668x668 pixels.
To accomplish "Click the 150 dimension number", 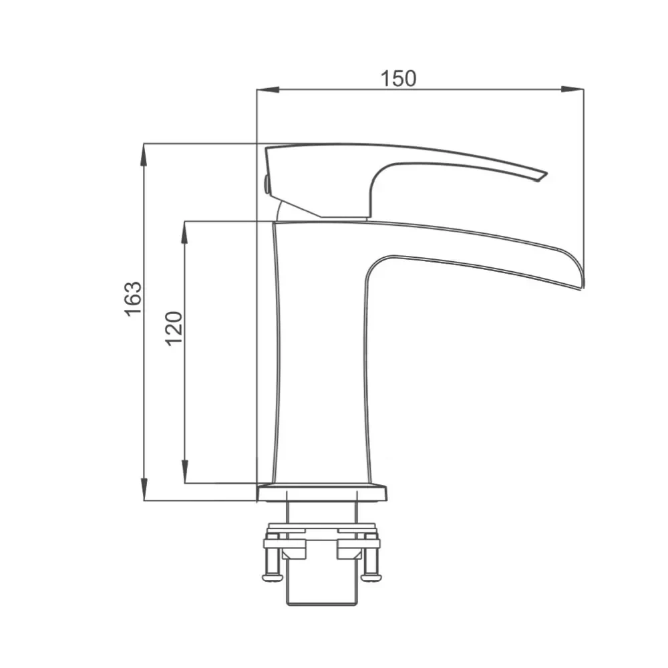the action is click(398, 79).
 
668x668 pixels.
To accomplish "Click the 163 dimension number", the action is click(134, 299).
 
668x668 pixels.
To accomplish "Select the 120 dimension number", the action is click(174, 329).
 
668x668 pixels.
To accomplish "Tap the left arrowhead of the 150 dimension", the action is click(269, 90).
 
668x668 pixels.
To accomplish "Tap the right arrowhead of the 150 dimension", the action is click(572, 90).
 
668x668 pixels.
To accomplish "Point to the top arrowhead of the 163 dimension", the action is click(144, 155).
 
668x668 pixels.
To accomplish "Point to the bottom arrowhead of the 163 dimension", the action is click(144, 489).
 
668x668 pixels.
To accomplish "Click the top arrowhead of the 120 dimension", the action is click(184, 232).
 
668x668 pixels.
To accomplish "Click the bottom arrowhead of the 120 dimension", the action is click(184, 472).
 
